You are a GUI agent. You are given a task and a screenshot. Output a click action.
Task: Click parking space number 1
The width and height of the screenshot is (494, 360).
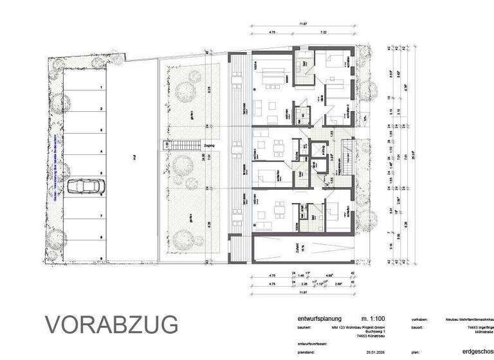pos(101,86)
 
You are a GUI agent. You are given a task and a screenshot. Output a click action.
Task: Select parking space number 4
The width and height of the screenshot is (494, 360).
pos(101,152)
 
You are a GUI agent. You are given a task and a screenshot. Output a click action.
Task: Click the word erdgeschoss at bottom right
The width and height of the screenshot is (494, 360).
pos(477,352)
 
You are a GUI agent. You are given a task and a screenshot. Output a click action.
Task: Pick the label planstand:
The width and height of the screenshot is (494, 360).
pos(307,352)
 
